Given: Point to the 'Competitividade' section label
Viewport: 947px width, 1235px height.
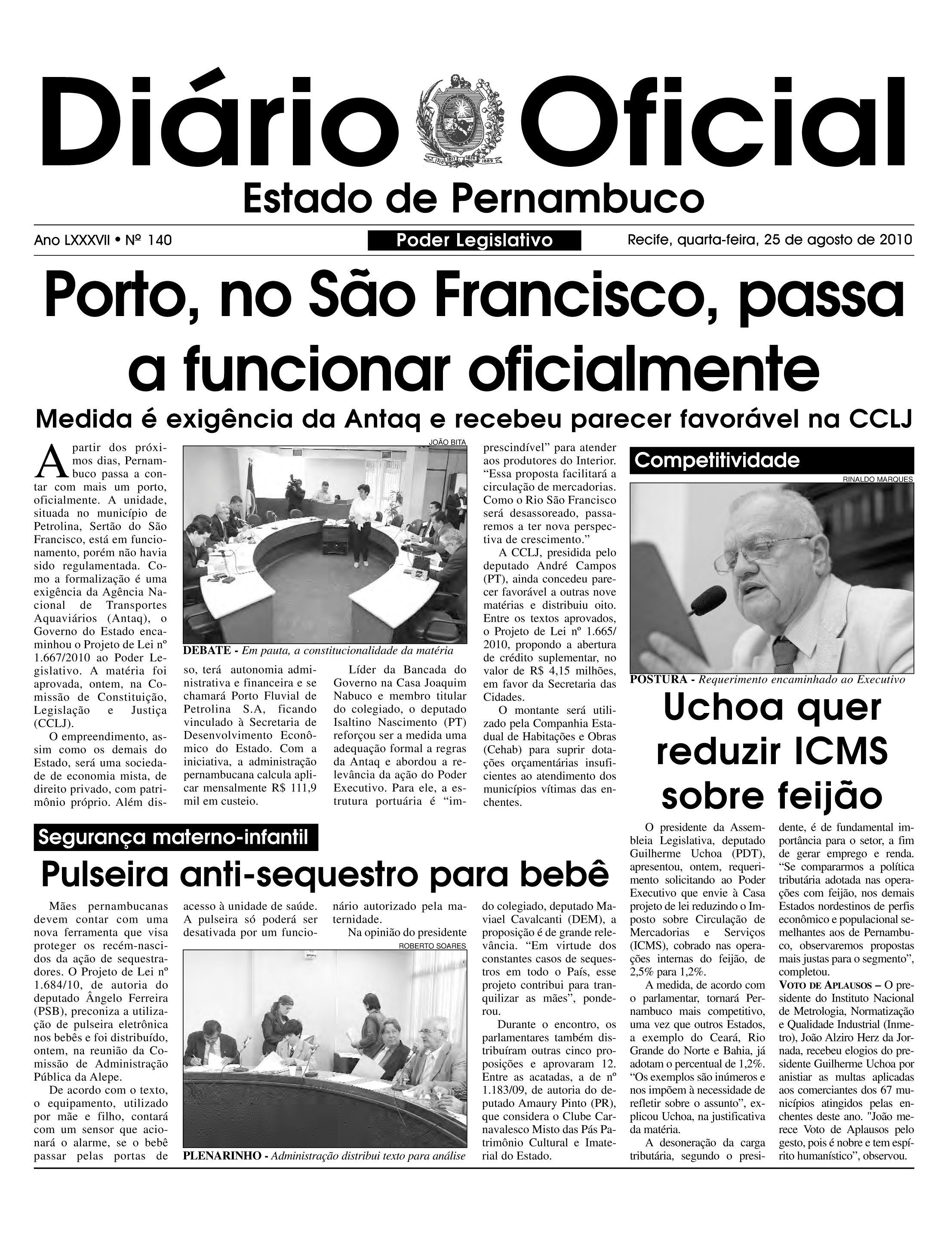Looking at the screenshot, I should [717, 461].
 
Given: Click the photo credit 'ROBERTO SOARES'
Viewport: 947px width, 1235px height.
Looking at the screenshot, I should [432, 946].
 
